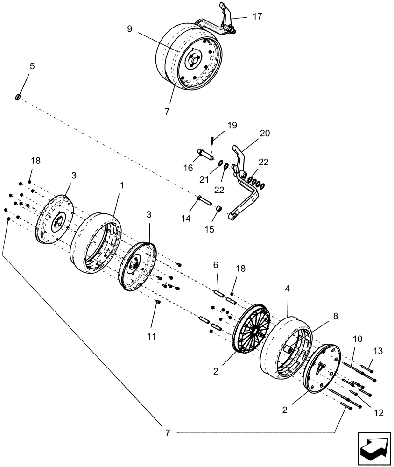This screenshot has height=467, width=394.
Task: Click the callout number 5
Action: click(x=32, y=66)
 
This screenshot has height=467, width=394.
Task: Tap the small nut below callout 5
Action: click(x=18, y=97)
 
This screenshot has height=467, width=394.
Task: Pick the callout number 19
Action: click(x=232, y=125)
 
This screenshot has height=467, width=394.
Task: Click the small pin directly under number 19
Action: click(x=212, y=139)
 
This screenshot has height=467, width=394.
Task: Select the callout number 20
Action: click(x=265, y=133)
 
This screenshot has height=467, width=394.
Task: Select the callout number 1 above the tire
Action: click(x=122, y=185)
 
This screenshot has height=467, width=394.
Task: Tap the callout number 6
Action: click(x=216, y=264)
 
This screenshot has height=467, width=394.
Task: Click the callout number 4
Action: click(x=288, y=289)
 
